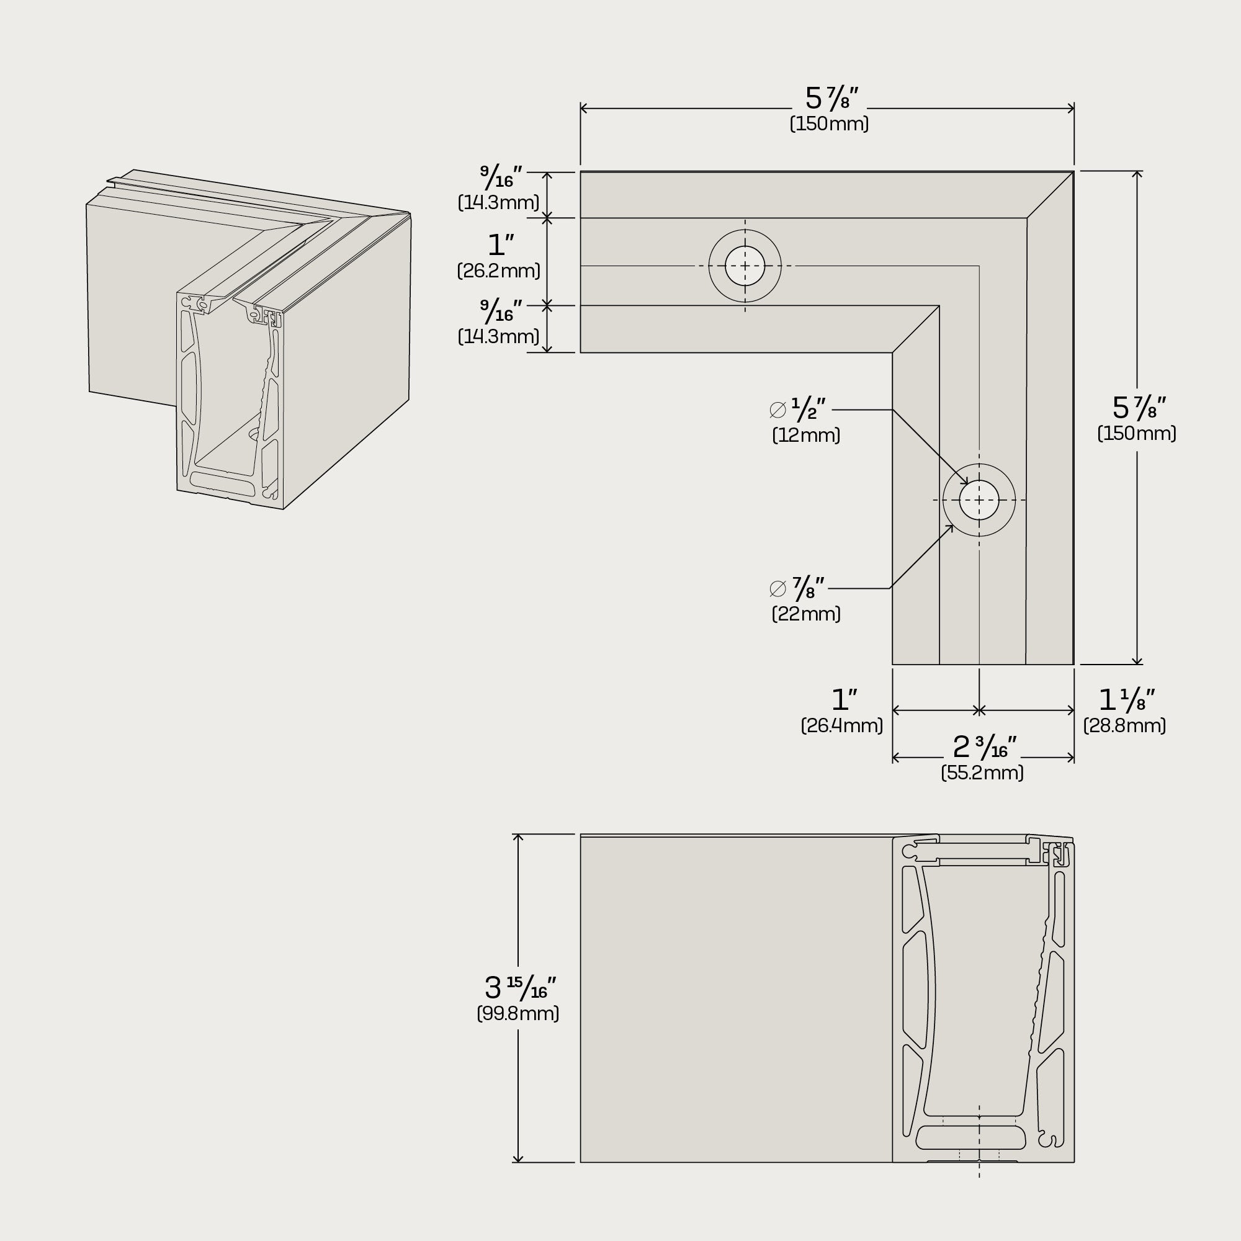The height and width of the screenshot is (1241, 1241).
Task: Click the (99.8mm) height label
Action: pos(517,1014)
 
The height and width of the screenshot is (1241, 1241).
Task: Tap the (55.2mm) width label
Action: pos(982,773)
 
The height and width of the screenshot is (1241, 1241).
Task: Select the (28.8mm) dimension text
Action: pos(1124,726)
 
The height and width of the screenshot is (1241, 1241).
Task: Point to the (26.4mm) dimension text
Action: pos(841,726)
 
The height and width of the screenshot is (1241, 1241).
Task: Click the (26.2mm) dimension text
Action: pos(498,271)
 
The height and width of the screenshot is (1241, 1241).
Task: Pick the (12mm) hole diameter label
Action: pos(806,436)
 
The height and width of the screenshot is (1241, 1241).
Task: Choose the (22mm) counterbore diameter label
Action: pos(806,614)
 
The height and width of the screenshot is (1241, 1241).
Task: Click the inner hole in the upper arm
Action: pos(745,266)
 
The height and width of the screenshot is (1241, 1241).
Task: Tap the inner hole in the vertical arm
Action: pos(979,500)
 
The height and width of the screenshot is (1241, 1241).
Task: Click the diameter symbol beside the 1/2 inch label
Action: pos(778,410)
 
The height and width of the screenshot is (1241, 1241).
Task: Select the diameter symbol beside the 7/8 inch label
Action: pos(778,588)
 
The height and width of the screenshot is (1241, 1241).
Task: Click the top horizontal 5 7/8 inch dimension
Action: pos(831,98)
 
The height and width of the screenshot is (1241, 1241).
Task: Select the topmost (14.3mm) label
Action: pos(498,203)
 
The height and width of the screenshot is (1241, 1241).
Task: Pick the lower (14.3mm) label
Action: pos(498,336)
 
